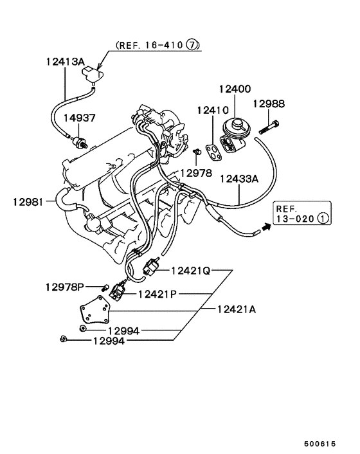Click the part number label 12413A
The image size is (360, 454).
click(64, 62)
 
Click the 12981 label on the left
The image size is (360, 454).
click(27, 201)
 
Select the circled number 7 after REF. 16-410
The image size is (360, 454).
click(193, 46)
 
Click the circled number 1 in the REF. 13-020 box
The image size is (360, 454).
click(323, 219)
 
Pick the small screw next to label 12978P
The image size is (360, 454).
click(104, 287)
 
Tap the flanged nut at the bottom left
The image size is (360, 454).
click(61, 340)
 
